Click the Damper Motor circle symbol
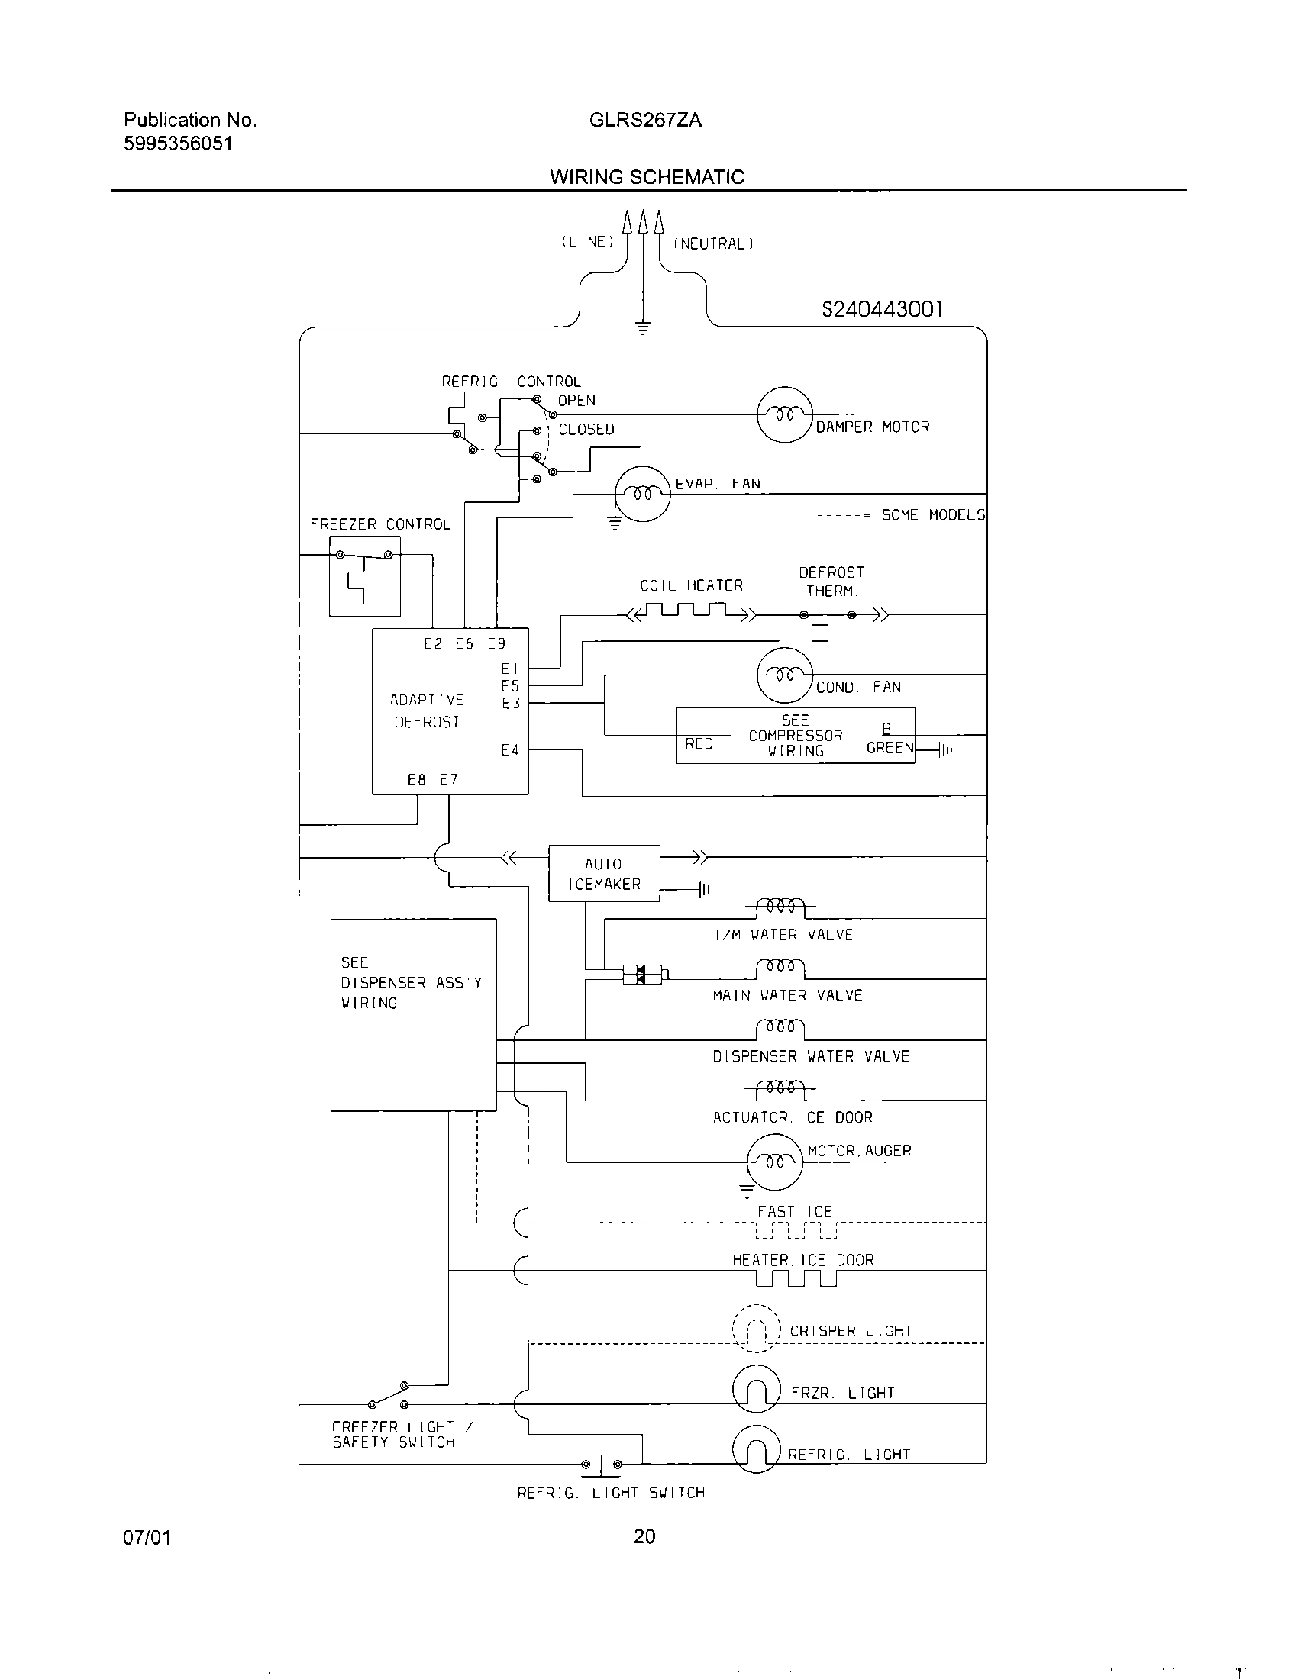(x=784, y=414)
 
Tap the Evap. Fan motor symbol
(x=643, y=494)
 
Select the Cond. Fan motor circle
(x=784, y=675)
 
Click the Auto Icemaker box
(x=604, y=873)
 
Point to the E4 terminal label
(x=510, y=749)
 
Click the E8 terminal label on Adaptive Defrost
(x=416, y=779)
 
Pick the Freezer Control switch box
(x=364, y=575)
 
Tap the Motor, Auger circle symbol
(x=774, y=1162)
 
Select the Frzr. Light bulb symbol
(x=756, y=1389)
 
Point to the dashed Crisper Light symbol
(x=756, y=1329)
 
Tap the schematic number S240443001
(x=882, y=309)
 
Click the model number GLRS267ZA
(x=645, y=120)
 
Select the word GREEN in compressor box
(x=890, y=747)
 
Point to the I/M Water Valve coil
(x=780, y=906)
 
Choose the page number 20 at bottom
(x=644, y=1536)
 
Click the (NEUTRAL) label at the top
(x=713, y=243)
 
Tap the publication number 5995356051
(x=178, y=143)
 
